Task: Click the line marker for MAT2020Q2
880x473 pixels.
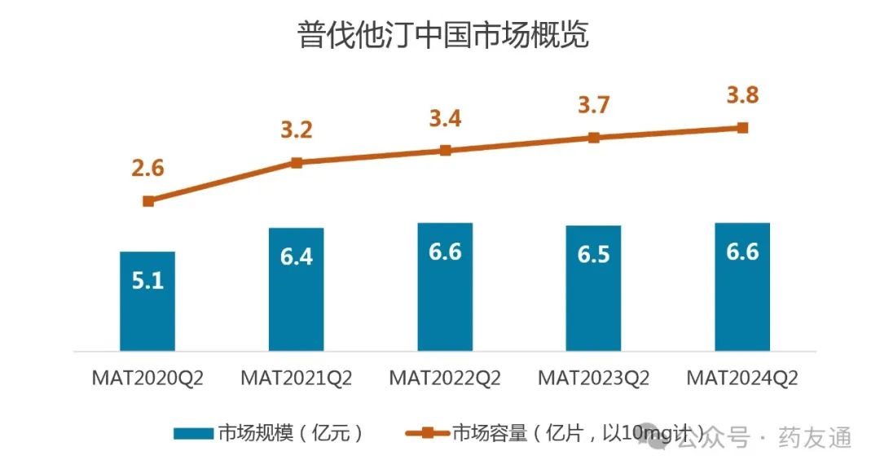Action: [147, 201]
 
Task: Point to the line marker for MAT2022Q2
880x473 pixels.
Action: [445, 151]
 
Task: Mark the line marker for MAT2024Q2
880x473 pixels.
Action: [742, 128]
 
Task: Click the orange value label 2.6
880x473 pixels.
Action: [147, 169]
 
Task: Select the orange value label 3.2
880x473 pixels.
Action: [297, 130]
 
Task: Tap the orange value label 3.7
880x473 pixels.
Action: [593, 105]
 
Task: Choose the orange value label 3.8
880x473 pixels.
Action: [742, 95]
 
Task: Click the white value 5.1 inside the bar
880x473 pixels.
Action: [147, 282]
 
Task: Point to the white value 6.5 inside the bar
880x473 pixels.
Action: [593, 254]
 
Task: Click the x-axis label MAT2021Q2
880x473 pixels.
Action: [297, 379]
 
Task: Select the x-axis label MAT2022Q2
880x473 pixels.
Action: [445, 379]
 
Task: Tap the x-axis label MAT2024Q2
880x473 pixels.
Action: [742, 379]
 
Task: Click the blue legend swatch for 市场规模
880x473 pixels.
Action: [194, 433]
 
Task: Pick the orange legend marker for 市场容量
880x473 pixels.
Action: [427, 433]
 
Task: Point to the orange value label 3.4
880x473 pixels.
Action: [445, 118]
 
